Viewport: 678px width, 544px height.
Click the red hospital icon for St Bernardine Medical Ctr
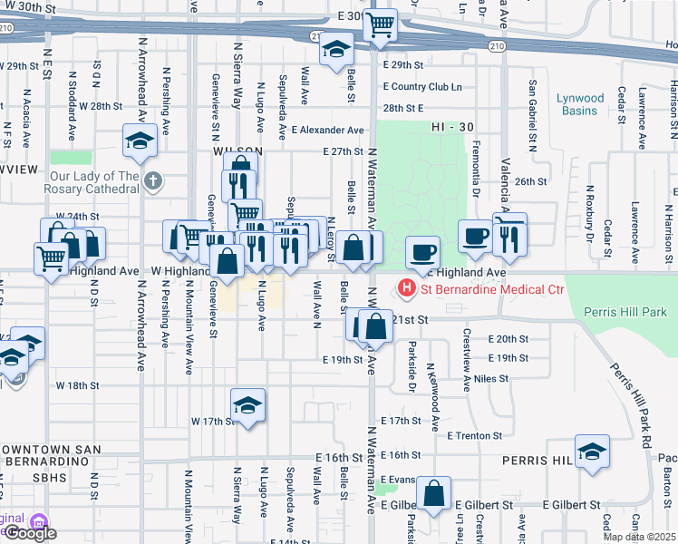407,289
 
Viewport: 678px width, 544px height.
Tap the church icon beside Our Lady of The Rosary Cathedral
152,181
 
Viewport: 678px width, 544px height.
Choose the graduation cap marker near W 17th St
247,406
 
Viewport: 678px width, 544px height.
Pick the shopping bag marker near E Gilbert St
435,494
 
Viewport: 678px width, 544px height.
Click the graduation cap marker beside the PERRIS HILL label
592,452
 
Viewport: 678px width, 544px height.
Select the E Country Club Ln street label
421,87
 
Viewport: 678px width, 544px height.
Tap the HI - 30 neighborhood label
454,129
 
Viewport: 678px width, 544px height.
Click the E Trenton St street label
474,435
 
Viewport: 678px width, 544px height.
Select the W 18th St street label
77,385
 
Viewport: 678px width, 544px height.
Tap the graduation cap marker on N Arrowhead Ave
140,140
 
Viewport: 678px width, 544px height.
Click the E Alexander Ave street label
332,130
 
